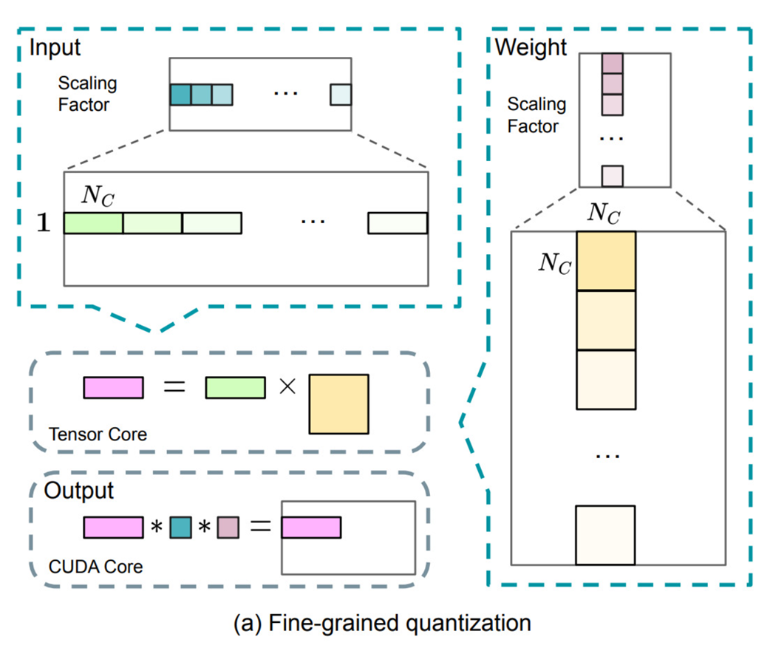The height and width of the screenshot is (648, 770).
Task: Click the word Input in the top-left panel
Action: [x=55, y=48]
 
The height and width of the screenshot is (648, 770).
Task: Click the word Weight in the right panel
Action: [x=531, y=48]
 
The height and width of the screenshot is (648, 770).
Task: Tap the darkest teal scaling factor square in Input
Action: [x=180, y=95]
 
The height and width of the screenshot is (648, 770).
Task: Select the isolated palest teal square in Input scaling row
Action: [x=341, y=95]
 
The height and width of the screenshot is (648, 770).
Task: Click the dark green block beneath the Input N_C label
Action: [x=93, y=224]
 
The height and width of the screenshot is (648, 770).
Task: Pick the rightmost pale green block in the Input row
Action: [x=398, y=224]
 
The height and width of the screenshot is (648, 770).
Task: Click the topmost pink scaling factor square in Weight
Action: [x=613, y=64]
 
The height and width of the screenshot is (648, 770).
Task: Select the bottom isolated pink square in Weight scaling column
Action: [x=613, y=176]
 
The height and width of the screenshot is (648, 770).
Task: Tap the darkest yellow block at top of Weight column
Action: [x=605, y=261]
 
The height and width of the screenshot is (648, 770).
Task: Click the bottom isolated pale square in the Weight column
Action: [x=605, y=535]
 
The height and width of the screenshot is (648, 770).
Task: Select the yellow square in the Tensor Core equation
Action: [x=338, y=403]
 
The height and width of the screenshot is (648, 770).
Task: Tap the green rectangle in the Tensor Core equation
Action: [x=235, y=387]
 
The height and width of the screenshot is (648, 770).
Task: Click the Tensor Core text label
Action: [x=97, y=434]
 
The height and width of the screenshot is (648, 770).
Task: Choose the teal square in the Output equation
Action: [x=180, y=527]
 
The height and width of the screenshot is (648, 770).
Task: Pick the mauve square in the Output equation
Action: [x=228, y=527]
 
